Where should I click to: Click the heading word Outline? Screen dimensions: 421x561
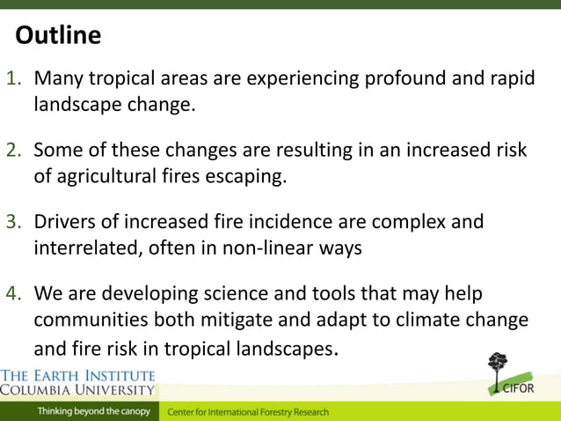[x=58, y=35]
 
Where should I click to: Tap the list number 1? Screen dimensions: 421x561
[x=15, y=78]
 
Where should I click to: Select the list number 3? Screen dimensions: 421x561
[x=15, y=222]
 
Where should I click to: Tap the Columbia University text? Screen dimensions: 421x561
[x=77, y=388]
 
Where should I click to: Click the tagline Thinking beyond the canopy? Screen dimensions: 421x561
[x=93, y=411]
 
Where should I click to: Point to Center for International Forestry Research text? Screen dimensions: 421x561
[x=248, y=411]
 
